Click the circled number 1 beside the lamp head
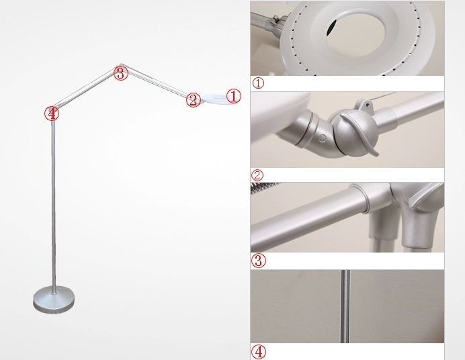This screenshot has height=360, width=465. [x=233, y=96]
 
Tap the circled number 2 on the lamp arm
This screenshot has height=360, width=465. [x=193, y=100]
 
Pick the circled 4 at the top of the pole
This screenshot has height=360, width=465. [x=52, y=113]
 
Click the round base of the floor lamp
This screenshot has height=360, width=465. [x=54, y=298]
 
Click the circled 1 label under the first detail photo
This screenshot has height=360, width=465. [x=259, y=83]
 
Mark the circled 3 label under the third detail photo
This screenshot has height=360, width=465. [x=258, y=261]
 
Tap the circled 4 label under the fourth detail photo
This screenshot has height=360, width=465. [x=259, y=351]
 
